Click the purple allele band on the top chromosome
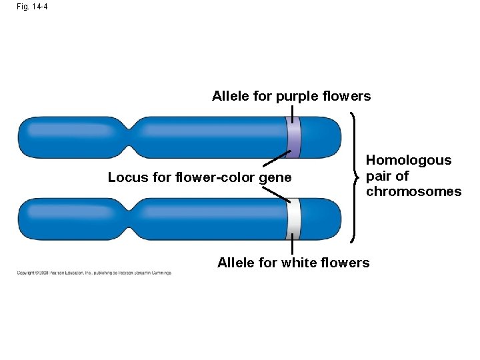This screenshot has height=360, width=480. [293, 137]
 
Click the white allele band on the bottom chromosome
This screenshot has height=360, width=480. [293, 219]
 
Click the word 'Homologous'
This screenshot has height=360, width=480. [409, 160]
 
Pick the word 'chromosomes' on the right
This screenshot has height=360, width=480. [413, 192]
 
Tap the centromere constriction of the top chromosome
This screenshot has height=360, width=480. [136, 137]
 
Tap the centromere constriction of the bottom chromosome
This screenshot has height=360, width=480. [136, 219]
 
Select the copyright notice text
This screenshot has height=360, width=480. [94, 273]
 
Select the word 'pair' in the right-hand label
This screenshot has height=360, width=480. [377, 176]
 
